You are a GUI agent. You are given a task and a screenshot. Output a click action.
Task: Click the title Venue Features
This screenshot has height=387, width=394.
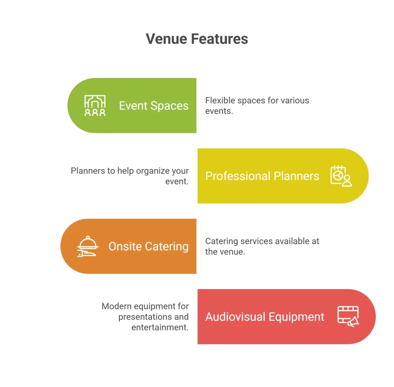pyautogui.click(x=197, y=39)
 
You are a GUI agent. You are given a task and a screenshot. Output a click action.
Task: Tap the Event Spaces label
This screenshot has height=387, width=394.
pyautogui.click(x=154, y=106)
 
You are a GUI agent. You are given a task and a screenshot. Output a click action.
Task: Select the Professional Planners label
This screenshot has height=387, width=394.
pyautogui.click(x=262, y=176)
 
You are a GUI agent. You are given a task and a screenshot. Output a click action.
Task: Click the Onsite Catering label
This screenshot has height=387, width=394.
pyautogui.click(x=148, y=246)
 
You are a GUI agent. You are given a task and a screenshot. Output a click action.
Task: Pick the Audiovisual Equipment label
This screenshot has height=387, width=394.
pyautogui.click(x=265, y=317)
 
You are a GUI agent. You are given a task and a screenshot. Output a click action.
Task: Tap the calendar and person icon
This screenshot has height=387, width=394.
pyautogui.click(x=341, y=176)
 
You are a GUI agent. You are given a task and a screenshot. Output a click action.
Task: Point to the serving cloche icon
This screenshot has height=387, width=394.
pyautogui.click(x=88, y=247)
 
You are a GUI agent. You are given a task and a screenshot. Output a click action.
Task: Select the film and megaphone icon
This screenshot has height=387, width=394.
pyautogui.click(x=348, y=317)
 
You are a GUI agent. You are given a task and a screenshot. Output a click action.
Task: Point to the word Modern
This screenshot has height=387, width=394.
pyautogui.click(x=116, y=307)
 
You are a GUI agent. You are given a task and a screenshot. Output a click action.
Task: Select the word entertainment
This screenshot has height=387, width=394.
pyautogui.click(x=160, y=327)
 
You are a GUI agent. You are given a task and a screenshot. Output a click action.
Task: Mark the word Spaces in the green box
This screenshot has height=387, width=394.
pyautogui.click(x=169, y=106)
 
